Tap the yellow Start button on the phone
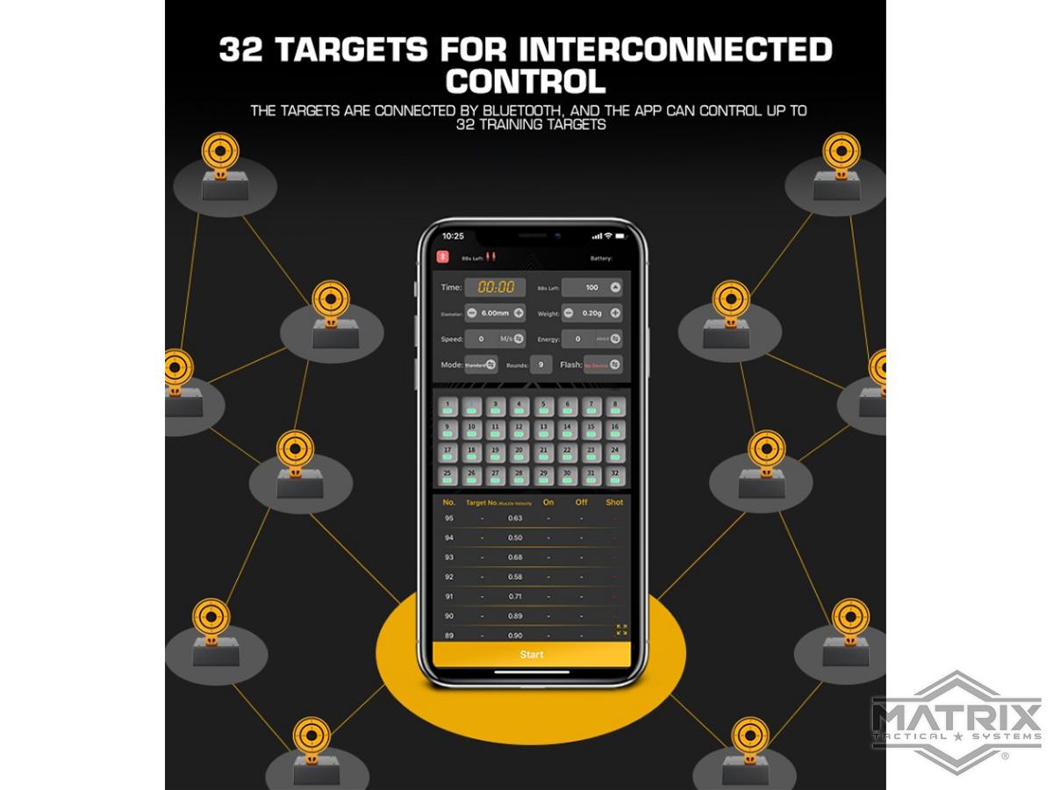tap(531, 654)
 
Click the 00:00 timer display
tap(495, 287)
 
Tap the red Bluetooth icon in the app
tap(443, 257)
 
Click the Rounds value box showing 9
tap(541, 364)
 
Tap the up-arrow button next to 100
tap(615, 287)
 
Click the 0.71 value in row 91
tap(515, 596)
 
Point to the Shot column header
tap(614, 503)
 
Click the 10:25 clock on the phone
tap(453, 236)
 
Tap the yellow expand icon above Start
tap(621, 629)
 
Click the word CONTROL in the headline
tap(526, 82)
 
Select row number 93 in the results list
tap(449, 557)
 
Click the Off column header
tap(581, 503)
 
